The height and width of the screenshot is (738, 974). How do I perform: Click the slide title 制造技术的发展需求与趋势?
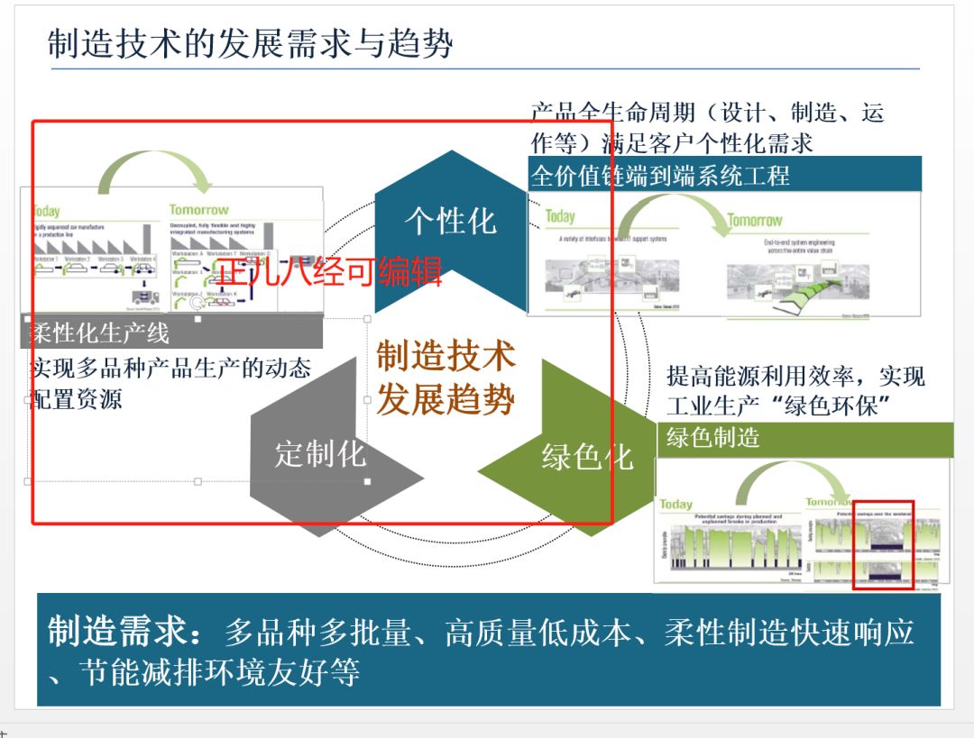tap(250, 43)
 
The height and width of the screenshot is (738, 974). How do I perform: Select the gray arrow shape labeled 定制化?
tap(320, 453)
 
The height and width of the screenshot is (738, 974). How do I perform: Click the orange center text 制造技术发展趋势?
tap(446, 378)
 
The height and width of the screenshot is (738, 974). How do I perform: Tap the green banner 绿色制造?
tap(713, 439)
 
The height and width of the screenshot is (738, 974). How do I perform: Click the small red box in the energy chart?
tap(884, 544)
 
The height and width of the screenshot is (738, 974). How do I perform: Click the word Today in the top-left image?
tap(47, 211)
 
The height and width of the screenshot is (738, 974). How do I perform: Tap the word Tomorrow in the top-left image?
tap(198, 210)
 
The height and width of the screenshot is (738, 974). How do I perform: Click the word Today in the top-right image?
tap(560, 216)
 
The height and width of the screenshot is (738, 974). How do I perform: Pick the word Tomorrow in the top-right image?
tap(755, 220)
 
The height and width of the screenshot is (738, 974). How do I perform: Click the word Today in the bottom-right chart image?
tap(675, 505)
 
